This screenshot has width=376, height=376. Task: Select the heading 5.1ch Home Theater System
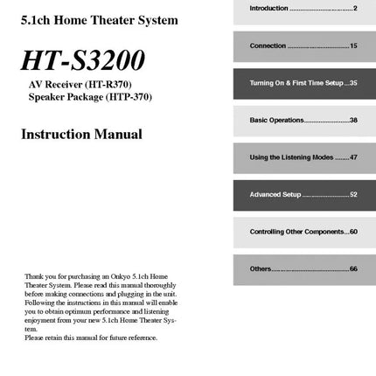(x=99, y=19)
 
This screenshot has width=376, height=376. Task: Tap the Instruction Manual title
(x=81, y=135)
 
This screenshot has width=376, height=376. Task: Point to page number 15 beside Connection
(x=353, y=45)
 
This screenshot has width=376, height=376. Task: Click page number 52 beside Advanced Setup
(x=353, y=194)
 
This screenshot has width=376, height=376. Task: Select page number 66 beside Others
(x=353, y=268)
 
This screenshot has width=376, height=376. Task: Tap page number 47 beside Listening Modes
(x=353, y=157)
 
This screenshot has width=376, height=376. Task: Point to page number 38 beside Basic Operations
(x=353, y=120)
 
